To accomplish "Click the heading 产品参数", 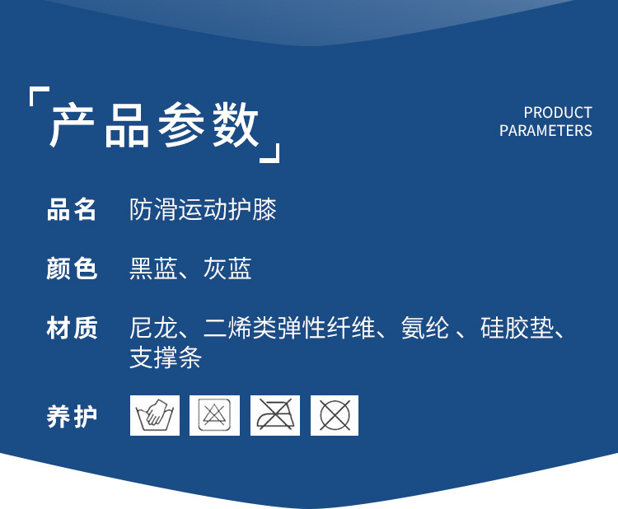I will tap(155, 125).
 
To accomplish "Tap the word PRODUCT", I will tap(558, 113).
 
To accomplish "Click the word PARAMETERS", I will tap(545, 131).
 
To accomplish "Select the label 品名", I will tap(73, 209).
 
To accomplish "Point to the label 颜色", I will tap(73, 269).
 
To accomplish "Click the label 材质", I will tap(73, 328).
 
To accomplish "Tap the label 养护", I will tap(73, 416).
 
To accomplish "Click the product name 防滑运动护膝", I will tap(203, 209).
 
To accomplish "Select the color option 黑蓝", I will tap(153, 269).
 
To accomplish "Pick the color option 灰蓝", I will tap(227, 269).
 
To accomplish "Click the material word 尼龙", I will tap(153, 328).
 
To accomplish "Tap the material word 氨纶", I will tap(424, 328).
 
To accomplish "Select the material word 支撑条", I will tap(166, 358).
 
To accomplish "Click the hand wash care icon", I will tap(154, 416).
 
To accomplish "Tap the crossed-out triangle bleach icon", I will tap(214, 416).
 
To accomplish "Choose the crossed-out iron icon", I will tap(274, 416).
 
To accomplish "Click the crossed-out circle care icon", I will tap(335, 416).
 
